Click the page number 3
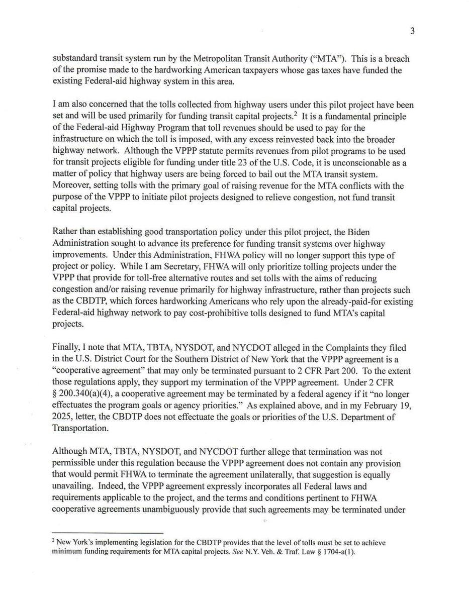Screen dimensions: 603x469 click(x=412, y=32)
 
